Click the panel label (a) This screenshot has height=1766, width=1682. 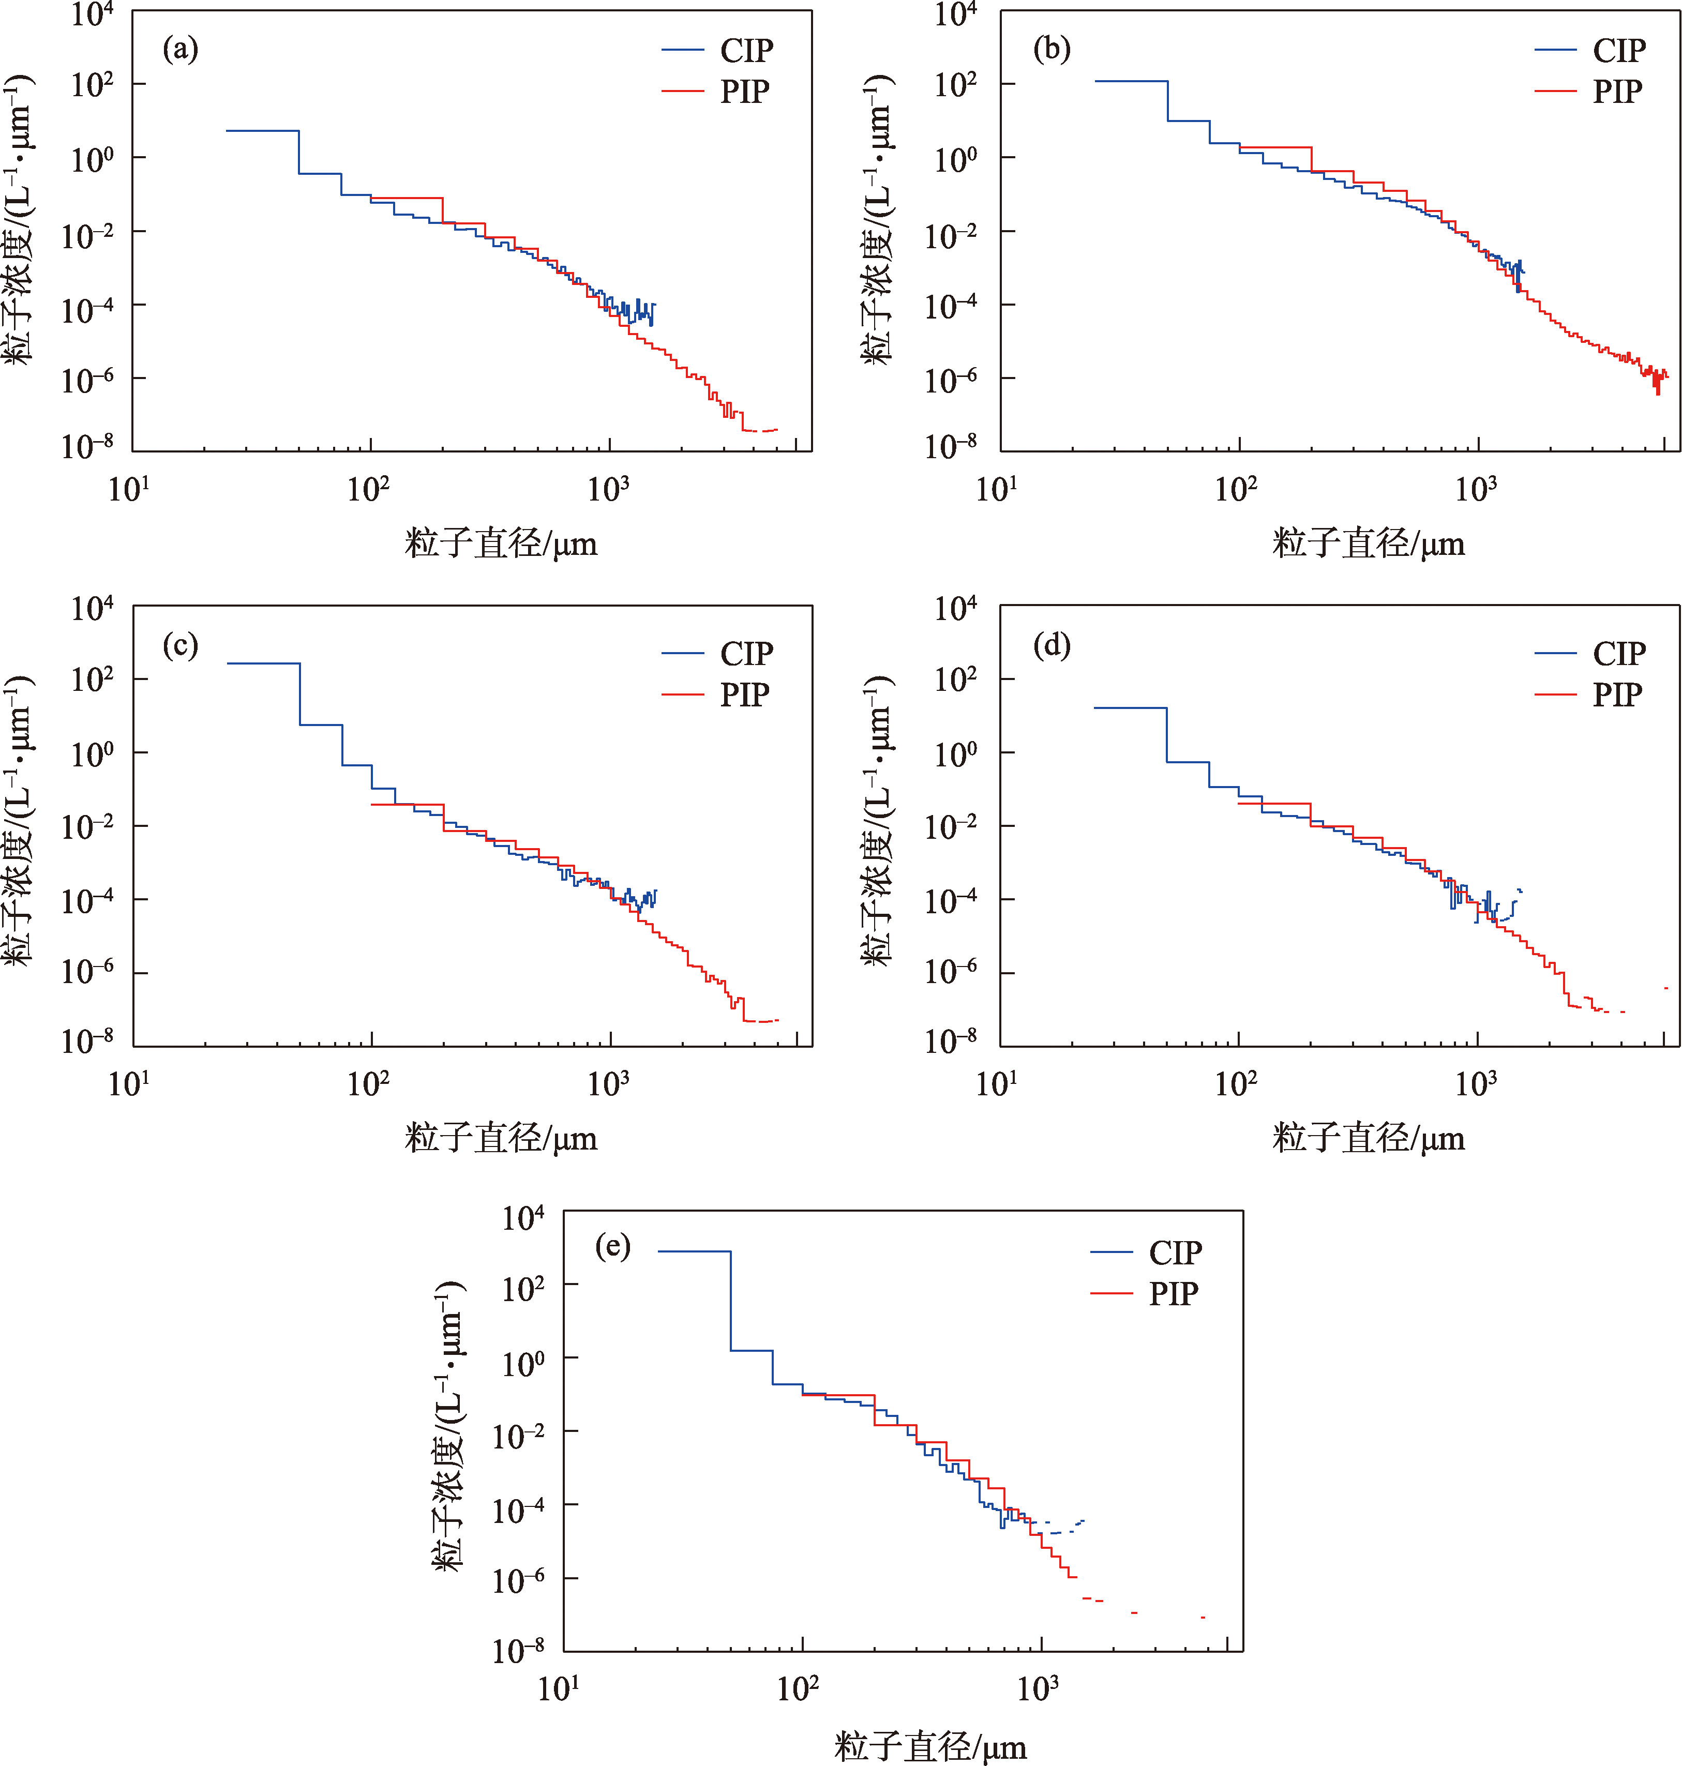[x=180, y=49]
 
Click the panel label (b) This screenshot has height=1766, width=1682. [x=1051, y=49]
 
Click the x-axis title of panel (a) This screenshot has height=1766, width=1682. [x=500, y=544]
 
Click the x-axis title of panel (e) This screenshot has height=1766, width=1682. [x=930, y=1746]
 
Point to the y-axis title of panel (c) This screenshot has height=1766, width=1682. [x=20, y=820]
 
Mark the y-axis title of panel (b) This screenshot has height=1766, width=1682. [x=879, y=220]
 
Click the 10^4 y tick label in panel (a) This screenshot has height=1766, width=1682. [x=93, y=14]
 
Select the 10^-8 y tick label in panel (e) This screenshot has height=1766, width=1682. [x=518, y=1650]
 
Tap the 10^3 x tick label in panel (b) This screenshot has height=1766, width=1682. [x=1475, y=489]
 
